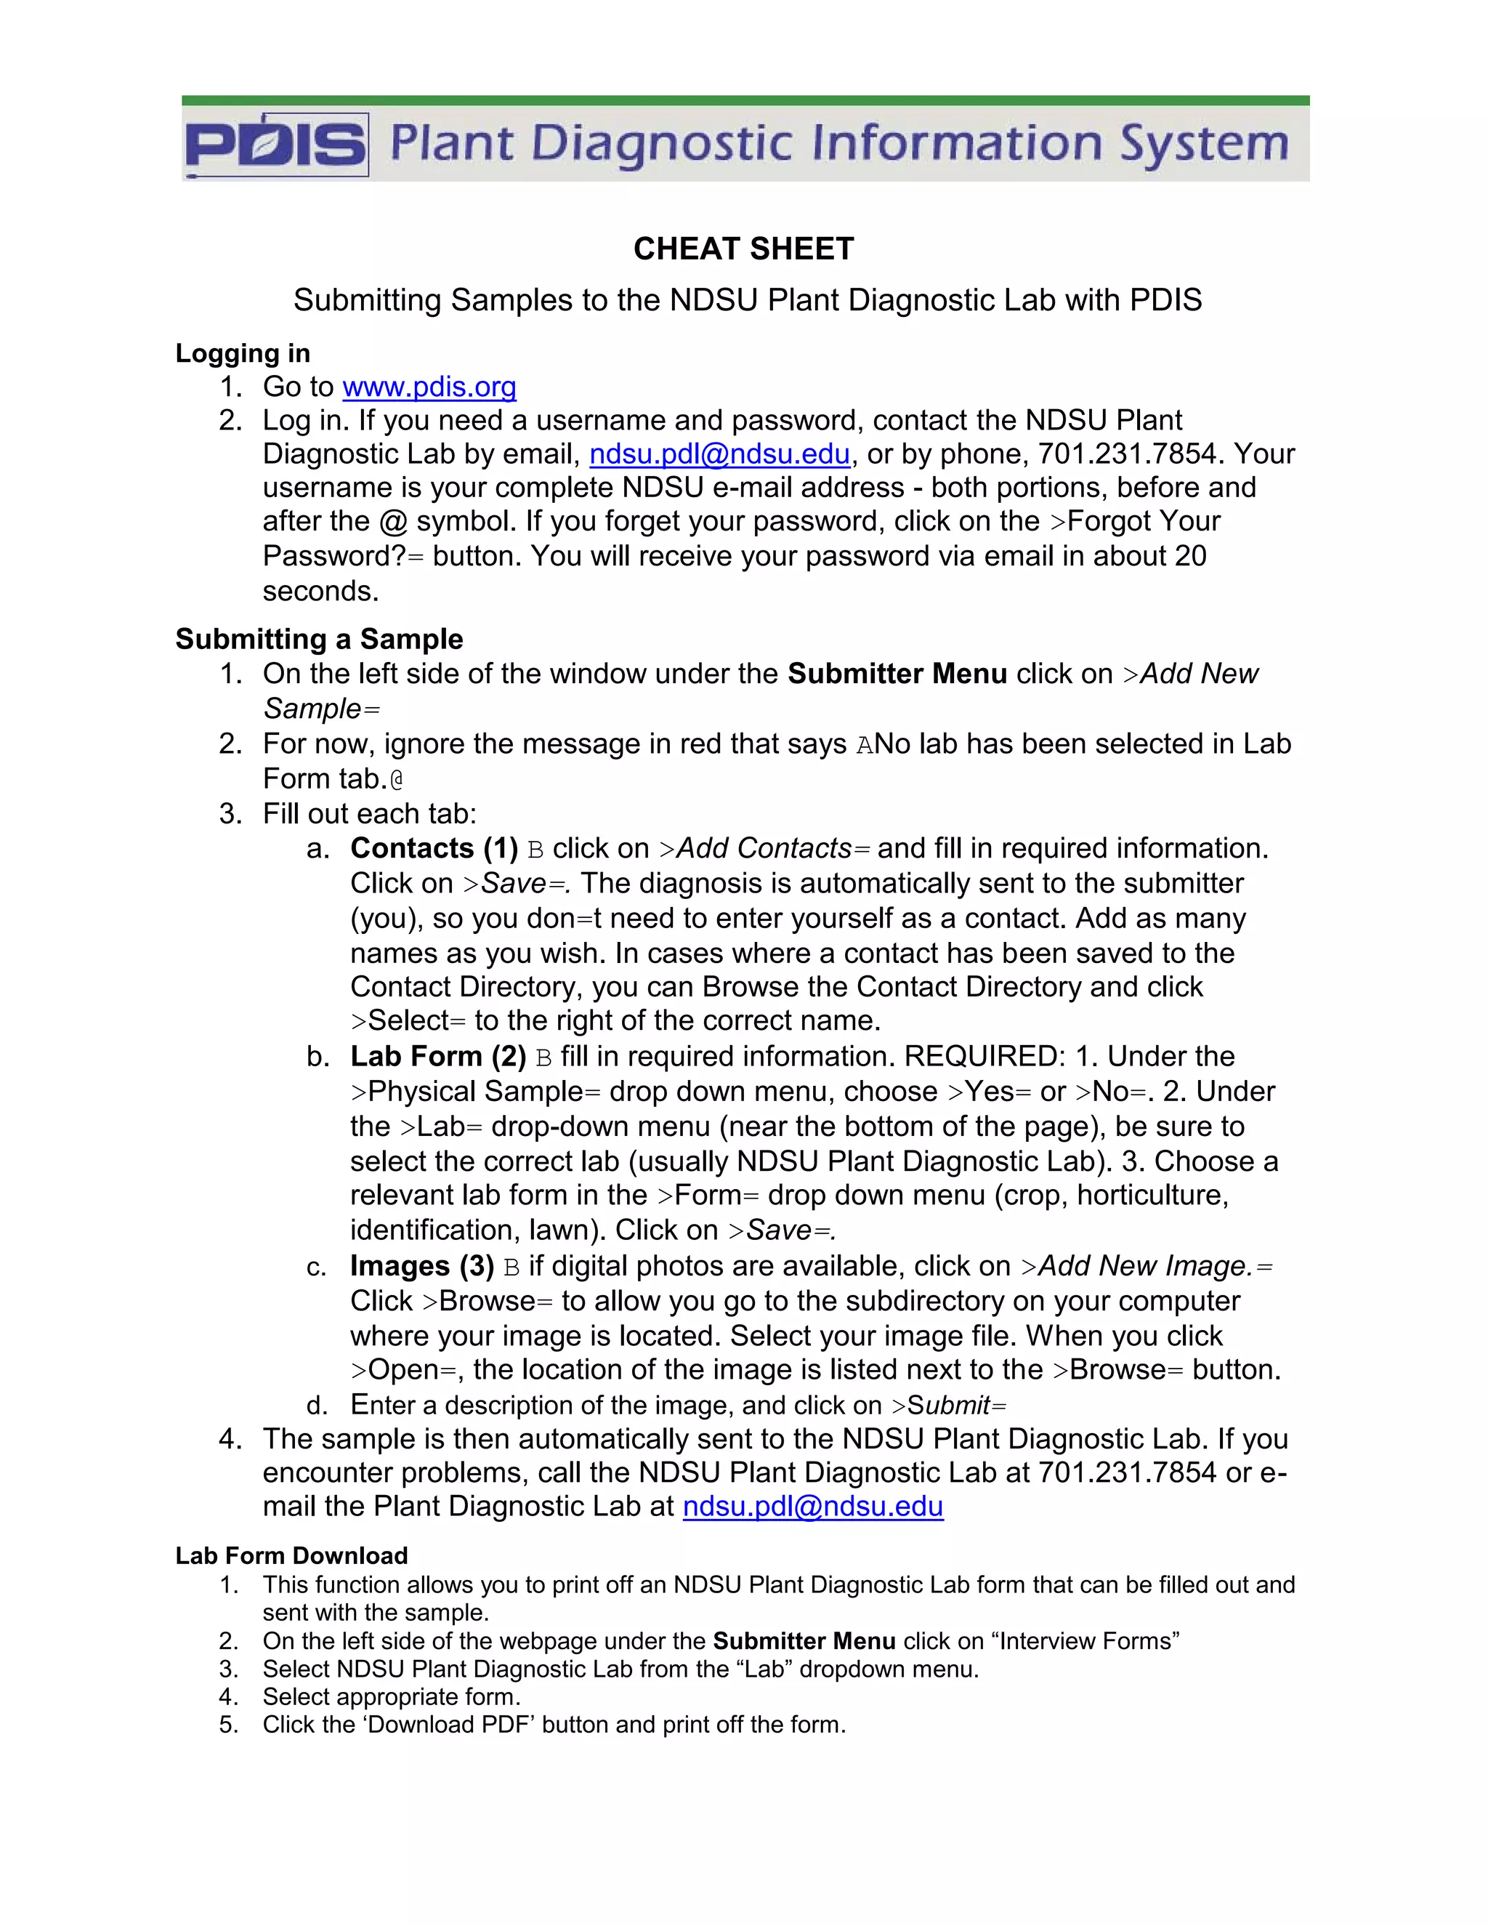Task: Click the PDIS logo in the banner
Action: click(x=276, y=145)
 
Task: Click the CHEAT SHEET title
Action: click(x=743, y=249)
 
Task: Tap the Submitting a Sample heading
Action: click(x=319, y=638)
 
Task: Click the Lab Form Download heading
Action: click(x=291, y=1555)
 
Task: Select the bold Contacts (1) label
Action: click(x=434, y=847)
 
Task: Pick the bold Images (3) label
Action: click(x=422, y=1265)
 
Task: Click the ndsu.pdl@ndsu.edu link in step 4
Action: click(x=813, y=1505)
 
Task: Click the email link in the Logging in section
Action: click(x=719, y=454)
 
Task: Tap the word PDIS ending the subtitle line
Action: click(x=1165, y=300)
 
